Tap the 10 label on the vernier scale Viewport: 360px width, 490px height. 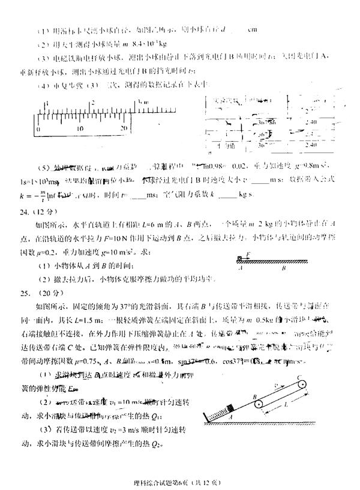point(80,129)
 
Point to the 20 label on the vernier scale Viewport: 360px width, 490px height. point(125,129)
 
